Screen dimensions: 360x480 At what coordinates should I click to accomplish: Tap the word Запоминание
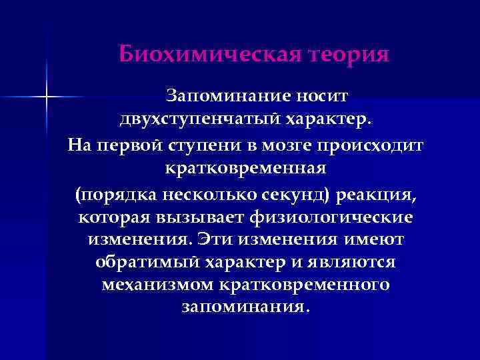[x=225, y=97]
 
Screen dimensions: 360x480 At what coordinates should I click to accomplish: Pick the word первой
[x=135, y=145]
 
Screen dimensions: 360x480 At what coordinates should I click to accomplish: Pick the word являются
[x=355, y=263]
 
